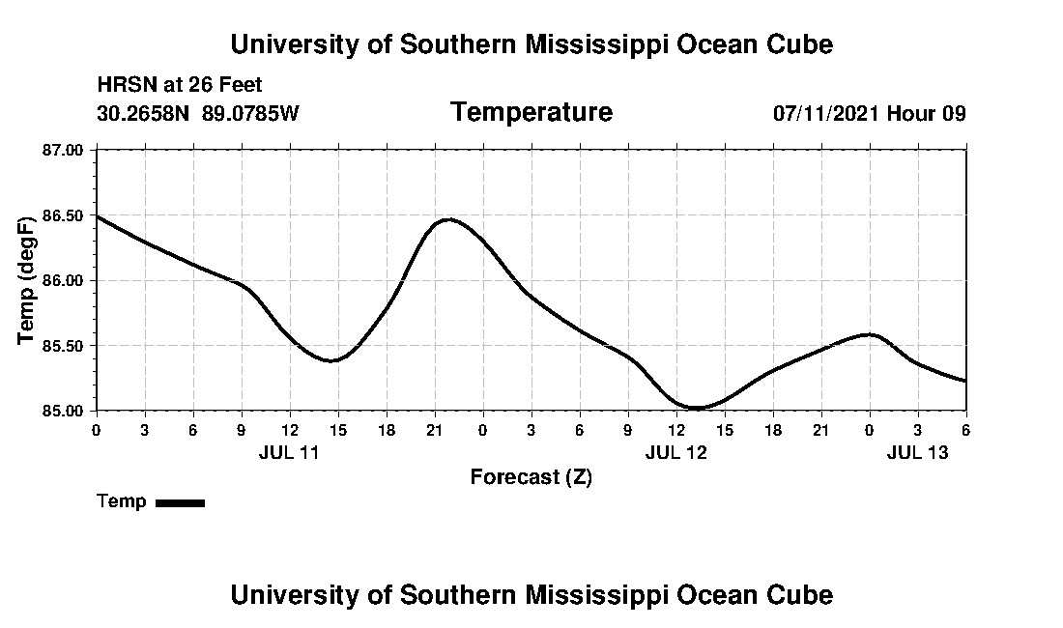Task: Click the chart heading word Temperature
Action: coord(531,113)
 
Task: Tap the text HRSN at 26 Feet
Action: coord(180,86)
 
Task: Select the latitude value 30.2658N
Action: coord(145,113)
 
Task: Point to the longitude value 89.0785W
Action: coord(250,113)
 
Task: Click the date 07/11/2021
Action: coord(826,113)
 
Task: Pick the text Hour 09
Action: coord(927,113)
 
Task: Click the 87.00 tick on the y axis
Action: coord(64,150)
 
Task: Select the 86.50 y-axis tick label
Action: coord(64,215)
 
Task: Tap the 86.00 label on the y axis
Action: coord(64,280)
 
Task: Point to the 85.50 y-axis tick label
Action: coord(64,346)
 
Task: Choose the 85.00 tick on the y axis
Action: coord(64,411)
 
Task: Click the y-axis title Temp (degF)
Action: coord(28,280)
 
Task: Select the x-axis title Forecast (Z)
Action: coord(531,477)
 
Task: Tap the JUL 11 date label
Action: coord(289,452)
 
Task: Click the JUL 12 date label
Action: coord(675,452)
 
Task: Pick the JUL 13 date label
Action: coord(917,452)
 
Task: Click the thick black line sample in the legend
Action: coord(180,502)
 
